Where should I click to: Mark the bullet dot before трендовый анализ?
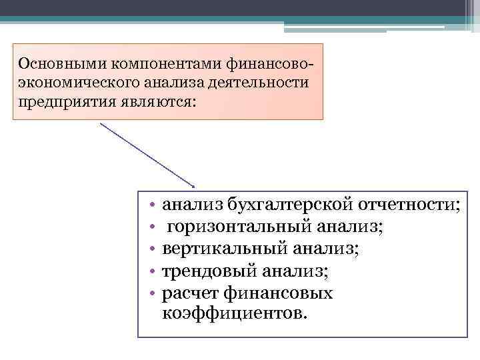click(153, 272)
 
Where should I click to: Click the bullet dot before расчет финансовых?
click(153, 294)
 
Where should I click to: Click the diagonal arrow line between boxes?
click(147, 154)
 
